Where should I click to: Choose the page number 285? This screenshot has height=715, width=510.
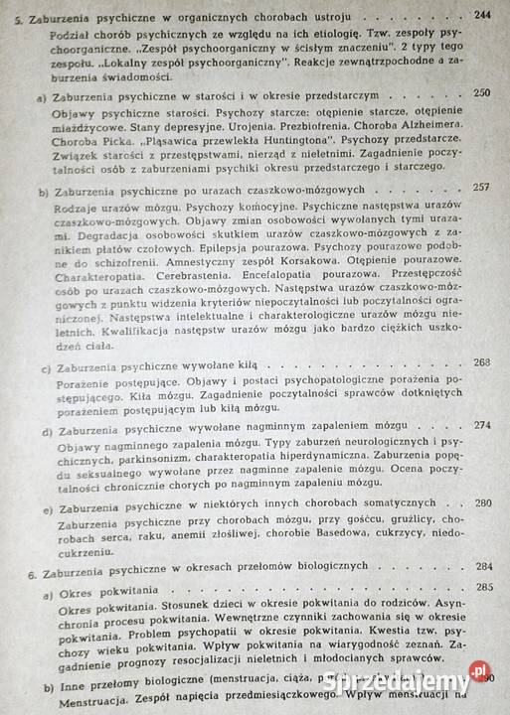[482, 586]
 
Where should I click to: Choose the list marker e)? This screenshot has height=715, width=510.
[47, 505]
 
